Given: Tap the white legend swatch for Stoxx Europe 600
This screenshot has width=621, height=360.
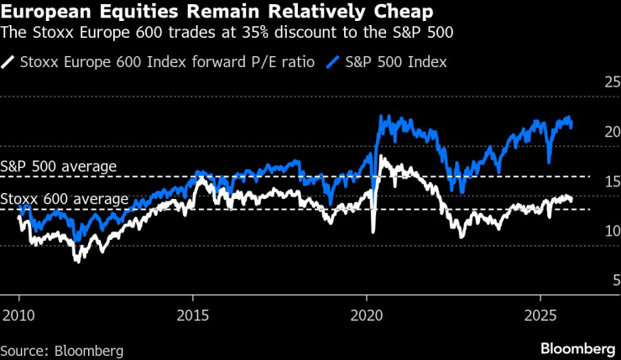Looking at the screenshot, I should [8, 61].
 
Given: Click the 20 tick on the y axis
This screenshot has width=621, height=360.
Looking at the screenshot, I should [610, 133].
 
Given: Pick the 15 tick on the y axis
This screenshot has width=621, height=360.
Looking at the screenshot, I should [610, 181].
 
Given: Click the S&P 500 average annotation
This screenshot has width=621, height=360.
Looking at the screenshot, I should [59, 166].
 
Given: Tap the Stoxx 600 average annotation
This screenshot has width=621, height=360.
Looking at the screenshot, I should [65, 199].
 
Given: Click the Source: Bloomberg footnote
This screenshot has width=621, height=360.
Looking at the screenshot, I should [62, 349].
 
